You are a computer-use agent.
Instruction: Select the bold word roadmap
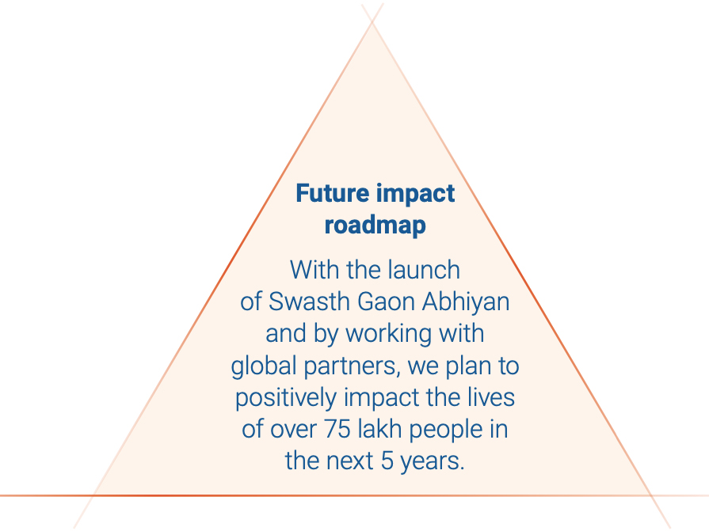point(375,226)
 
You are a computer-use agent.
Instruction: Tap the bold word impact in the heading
point(415,194)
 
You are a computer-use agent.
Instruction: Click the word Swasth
point(309,302)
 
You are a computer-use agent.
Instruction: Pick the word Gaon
point(386,302)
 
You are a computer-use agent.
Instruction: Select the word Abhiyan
point(466,302)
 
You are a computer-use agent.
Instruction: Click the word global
point(264,366)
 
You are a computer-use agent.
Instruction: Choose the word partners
point(352,366)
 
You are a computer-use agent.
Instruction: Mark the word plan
point(468,366)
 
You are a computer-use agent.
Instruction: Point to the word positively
point(286,398)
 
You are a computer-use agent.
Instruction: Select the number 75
point(337,429)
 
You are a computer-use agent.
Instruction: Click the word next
point(349,461)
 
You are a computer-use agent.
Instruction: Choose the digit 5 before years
point(387,461)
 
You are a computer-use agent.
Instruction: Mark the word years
point(433,462)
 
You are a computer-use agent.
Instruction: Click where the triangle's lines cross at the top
point(372,22)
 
